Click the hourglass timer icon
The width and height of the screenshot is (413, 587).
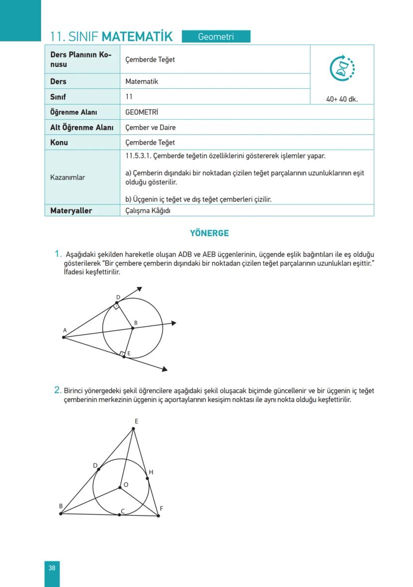click(x=342, y=68)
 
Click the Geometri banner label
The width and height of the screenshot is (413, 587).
click(x=216, y=36)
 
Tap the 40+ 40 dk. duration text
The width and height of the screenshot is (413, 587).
click(x=342, y=99)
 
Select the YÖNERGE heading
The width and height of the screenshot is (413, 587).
click(x=209, y=233)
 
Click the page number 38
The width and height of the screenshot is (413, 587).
click(x=52, y=568)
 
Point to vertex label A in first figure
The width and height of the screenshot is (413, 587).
click(x=65, y=330)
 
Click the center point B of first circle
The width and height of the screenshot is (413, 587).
click(x=133, y=328)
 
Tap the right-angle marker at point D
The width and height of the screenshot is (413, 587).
click(x=116, y=307)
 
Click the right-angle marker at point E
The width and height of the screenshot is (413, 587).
click(x=122, y=354)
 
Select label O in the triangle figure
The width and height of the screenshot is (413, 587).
click(x=126, y=484)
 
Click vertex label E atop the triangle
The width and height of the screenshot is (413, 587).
click(x=136, y=421)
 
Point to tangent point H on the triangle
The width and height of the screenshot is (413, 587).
click(x=148, y=478)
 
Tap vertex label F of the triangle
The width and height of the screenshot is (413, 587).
click(x=162, y=509)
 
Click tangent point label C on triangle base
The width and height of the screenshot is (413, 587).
click(x=123, y=511)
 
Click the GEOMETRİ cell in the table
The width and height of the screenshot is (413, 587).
click(x=142, y=112)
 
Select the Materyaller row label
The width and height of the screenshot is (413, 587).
click(x=71, y=210)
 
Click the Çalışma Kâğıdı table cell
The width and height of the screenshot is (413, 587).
click(x=148, y=210)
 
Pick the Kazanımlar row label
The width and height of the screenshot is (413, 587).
click(x=67, y=177)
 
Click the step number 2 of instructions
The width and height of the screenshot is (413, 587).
click(x=58, y=390)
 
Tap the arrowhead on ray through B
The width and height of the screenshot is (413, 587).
click(x=174, y=323)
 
